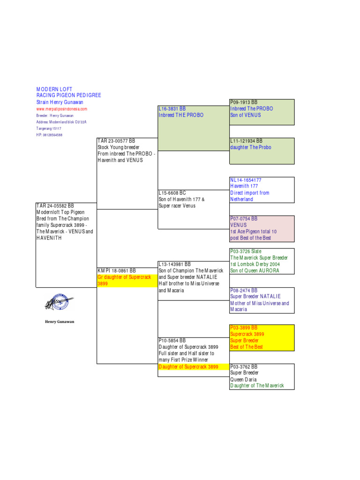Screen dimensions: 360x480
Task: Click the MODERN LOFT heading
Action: [54, 89]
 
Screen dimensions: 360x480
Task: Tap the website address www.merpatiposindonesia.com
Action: [61, 109]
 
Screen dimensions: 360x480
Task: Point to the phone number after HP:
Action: [52, 135]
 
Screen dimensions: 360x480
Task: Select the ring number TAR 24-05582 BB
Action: [55, 206]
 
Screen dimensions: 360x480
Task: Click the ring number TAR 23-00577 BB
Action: [116, 141]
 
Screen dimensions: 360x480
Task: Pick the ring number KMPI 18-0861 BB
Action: [117, 270]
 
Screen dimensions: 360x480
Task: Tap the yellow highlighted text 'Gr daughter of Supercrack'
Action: [124, 277]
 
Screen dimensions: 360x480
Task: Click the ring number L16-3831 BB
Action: [172, 109]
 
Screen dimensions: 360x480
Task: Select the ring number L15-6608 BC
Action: [172, 193]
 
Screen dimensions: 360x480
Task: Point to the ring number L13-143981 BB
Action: [174, 264]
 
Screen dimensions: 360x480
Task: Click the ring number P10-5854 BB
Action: [172, 340]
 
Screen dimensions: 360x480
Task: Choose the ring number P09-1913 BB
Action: [244, 102]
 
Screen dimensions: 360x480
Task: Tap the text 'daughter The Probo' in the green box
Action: [251, 147]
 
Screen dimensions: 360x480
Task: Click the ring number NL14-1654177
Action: [246, 180]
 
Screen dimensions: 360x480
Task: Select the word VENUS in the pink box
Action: [239, 225]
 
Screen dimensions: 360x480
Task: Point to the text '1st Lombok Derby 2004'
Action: [255, 264]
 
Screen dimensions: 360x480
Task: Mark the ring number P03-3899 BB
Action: [244, 328]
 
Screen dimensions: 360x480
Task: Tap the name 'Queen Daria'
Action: [243, 379]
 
